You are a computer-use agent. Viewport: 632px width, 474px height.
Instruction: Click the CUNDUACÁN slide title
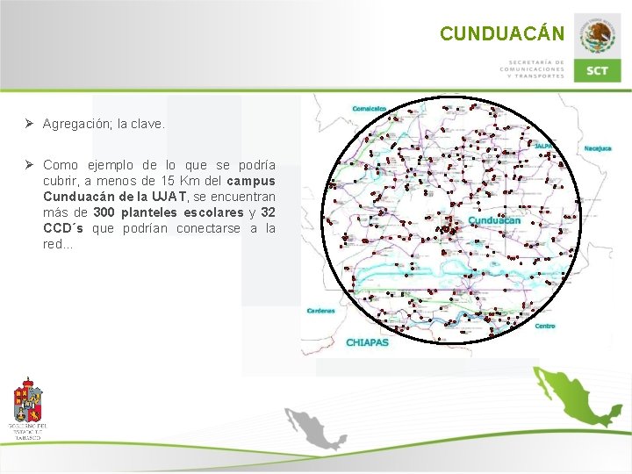(x=502, y=33)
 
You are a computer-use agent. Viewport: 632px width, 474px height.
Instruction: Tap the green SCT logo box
(x=597, y=70)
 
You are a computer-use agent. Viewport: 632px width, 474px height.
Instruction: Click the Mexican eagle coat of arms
(x=598, y=36)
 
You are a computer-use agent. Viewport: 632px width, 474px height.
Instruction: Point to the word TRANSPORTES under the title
(x=539, y=75)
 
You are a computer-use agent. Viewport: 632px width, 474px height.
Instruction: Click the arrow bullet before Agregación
(x=29, y=125)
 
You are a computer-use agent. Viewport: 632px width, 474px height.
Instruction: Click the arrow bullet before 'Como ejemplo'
(x=29, y=165)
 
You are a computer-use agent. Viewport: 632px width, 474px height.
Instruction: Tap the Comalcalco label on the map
(x=370, y=109)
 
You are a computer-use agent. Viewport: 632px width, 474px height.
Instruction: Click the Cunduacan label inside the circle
(x=494, y=220)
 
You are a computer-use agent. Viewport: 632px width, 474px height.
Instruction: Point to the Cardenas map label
(x=320, y=311)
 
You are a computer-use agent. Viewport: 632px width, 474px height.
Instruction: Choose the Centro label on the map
(x=545, y=327)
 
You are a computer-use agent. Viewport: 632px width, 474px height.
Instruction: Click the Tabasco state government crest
(x=28, y=406)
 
